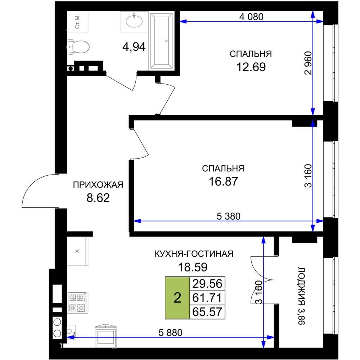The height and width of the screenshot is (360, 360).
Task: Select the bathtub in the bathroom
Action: [162, 41]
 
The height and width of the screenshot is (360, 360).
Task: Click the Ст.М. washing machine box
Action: [78, 21]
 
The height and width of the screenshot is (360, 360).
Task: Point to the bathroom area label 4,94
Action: [134, 47]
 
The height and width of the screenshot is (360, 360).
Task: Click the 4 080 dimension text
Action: [251, 17]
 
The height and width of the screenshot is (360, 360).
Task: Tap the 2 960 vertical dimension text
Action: [309, 63]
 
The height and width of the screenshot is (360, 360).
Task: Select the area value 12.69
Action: [251, 67]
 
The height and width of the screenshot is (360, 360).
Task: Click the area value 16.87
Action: [223, 181]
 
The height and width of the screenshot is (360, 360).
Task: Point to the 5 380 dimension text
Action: [229, 216]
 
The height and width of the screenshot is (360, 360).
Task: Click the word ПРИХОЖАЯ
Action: [98, 185]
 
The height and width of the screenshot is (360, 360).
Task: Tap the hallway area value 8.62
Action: [98, 198]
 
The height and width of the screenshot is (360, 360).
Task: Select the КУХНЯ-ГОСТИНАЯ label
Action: [194, 254]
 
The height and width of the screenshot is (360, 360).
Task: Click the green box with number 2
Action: [177, 298]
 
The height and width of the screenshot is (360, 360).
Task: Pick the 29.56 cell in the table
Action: [207, 284]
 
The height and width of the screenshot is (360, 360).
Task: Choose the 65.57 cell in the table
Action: [207, 312]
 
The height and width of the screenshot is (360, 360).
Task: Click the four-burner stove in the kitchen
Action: [78, 303]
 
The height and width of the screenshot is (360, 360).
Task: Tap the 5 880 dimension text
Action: [171, 333]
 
